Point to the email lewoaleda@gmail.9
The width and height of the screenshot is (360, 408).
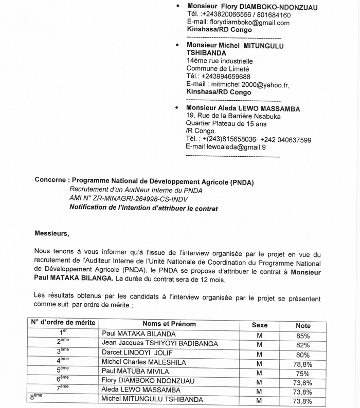226,147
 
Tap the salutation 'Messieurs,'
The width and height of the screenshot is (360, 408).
51,233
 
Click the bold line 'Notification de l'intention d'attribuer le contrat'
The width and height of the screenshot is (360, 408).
143,209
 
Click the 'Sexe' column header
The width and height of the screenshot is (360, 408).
259,325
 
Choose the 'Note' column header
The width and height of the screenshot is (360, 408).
303,326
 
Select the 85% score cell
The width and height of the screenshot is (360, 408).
303,335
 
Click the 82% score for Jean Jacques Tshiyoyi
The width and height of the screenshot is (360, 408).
303,344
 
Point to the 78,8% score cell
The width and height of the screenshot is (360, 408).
303,363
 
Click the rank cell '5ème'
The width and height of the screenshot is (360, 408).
63,371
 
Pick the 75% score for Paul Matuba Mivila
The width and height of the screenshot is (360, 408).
303,373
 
